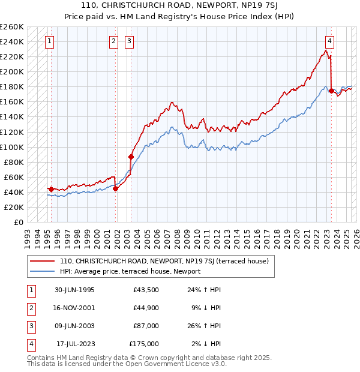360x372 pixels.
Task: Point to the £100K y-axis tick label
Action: click(12, 147)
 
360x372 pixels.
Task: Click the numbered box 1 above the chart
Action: click(49, 41)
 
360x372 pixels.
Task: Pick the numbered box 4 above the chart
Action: click(330, 41)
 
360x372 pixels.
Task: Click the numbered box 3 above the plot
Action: click(130, 41)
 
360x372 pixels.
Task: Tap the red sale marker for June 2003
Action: click(131, 157)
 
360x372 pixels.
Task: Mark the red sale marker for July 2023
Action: click(331, 91)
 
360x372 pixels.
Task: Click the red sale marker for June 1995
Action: click(52, 189)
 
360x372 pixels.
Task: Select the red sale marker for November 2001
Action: click(116, 188)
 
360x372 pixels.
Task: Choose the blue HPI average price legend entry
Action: click(130, 271)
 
